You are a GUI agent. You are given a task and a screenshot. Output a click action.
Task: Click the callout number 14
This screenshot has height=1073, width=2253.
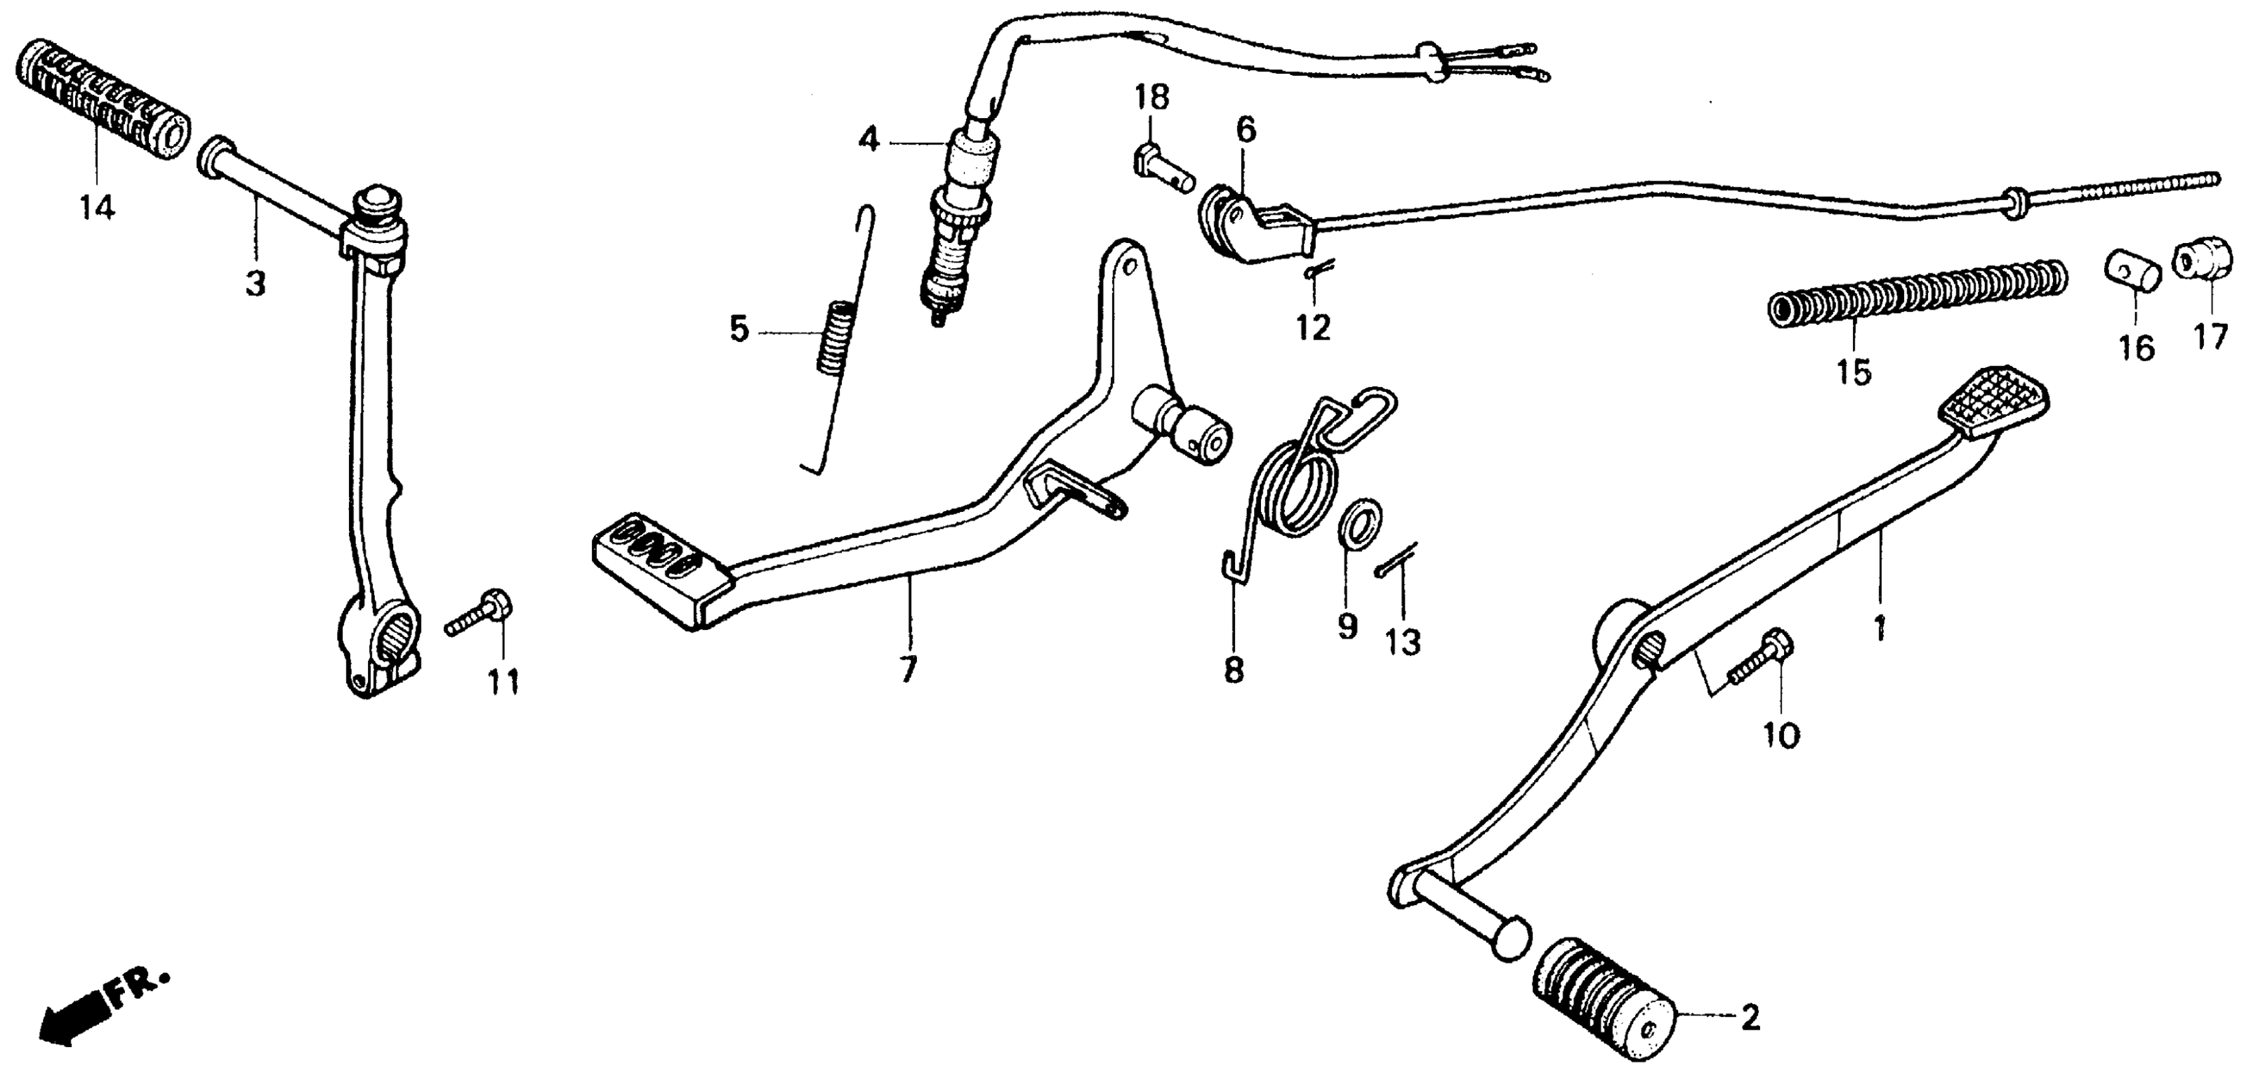tap(97, 209)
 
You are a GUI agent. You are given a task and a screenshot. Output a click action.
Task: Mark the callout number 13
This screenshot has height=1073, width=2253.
tap(1403, 643)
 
